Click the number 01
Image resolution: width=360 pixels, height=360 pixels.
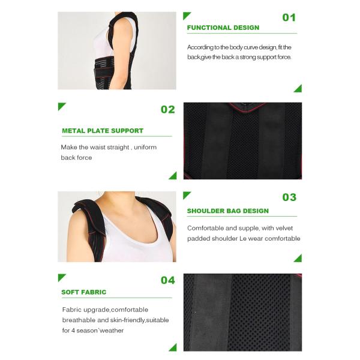(289, 17)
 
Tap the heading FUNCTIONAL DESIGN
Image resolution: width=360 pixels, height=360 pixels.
(223, 28)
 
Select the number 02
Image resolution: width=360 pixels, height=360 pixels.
(167, 109)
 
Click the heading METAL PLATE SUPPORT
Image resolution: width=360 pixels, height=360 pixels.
(103, 130)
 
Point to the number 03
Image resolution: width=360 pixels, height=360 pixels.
(289, 197)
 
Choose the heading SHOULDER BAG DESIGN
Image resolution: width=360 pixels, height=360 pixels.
(227, 211)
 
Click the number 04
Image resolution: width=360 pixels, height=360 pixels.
(167, 280)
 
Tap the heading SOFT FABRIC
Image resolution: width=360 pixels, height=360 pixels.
(83, 292)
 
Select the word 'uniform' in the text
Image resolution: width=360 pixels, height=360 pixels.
(143, 147)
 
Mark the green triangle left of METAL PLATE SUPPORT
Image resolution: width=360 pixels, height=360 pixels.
(61, 106)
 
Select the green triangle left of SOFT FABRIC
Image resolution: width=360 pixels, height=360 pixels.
(61, 277)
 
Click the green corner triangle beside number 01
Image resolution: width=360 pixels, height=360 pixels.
(186, 15)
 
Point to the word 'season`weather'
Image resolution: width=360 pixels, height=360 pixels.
(104, 330)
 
